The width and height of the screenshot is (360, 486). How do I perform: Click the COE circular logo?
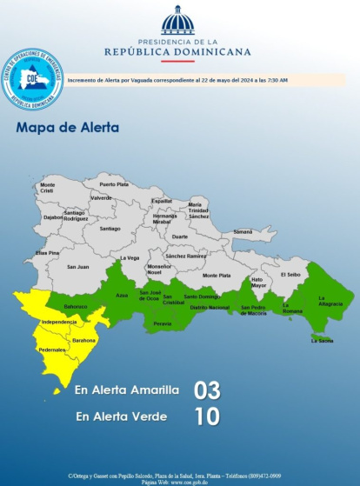32,78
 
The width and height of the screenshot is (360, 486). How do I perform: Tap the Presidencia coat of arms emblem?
178,21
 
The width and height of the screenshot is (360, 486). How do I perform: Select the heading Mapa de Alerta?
68,128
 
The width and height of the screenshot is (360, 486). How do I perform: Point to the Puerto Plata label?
113,184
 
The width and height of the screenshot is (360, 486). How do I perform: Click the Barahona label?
83,340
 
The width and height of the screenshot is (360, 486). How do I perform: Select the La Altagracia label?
330,303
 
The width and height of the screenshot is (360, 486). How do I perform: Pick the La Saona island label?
322,341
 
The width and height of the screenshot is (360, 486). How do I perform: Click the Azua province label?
122,296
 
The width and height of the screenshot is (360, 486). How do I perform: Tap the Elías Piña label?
47,252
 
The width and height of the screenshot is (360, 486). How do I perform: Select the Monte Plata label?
217,275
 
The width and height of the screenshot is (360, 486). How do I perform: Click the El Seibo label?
290,274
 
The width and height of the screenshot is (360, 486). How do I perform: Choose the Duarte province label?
179,236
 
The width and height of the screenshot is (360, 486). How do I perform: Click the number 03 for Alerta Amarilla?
207,389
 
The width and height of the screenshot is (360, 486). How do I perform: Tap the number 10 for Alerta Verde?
207,416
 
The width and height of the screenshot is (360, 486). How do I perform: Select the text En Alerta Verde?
121,416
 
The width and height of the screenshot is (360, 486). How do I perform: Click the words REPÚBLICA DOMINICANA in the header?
177,51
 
